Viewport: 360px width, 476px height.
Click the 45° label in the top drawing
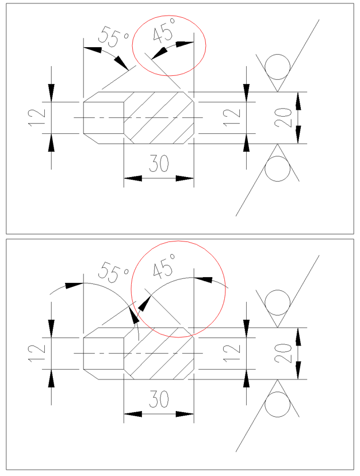coord(163,34)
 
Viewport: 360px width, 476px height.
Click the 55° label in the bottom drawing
coord(114,272)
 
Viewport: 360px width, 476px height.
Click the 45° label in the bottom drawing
coord(164,268)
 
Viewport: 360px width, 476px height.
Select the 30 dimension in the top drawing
coord(159,164)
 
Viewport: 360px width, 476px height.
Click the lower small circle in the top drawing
coord(277,169)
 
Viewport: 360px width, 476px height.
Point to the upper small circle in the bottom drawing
coord(277,302)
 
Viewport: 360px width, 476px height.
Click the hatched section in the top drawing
coord(158,117)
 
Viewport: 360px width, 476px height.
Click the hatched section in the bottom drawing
coord(158,353)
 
